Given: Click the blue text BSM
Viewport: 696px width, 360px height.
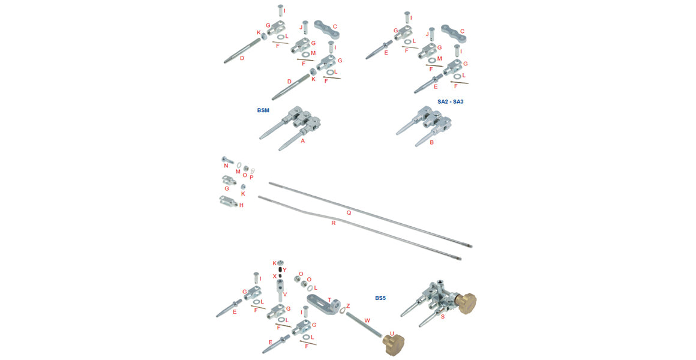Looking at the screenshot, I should (x=263, y=111).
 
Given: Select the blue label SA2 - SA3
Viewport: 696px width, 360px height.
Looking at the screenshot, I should (x=450, y=102).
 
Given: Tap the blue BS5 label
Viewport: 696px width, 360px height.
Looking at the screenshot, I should (x=382, y=298).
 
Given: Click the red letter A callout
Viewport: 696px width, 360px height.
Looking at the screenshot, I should (x=303, y=141).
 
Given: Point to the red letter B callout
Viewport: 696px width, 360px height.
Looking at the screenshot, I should (x=431, y=143).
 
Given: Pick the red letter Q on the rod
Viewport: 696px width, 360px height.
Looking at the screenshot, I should (x=349, y=212).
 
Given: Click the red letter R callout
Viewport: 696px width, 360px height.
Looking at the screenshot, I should (x=334, y=223).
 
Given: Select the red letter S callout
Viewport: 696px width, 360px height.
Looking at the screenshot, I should (x=443, y=316).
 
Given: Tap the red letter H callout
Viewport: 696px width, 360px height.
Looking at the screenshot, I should (x=241, y=205).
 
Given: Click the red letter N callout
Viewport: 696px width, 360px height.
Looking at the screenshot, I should (x=226, y=166).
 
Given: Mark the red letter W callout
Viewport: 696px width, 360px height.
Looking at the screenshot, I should (x=367, y=320).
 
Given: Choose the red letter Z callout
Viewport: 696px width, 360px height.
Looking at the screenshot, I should (x=348, y=305).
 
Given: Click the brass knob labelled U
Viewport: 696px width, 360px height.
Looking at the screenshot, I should (x=392, y=344).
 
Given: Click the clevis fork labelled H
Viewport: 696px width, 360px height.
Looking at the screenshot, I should (x=227, y=202).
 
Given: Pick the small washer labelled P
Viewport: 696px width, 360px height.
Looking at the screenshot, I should (x=253, y=171).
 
